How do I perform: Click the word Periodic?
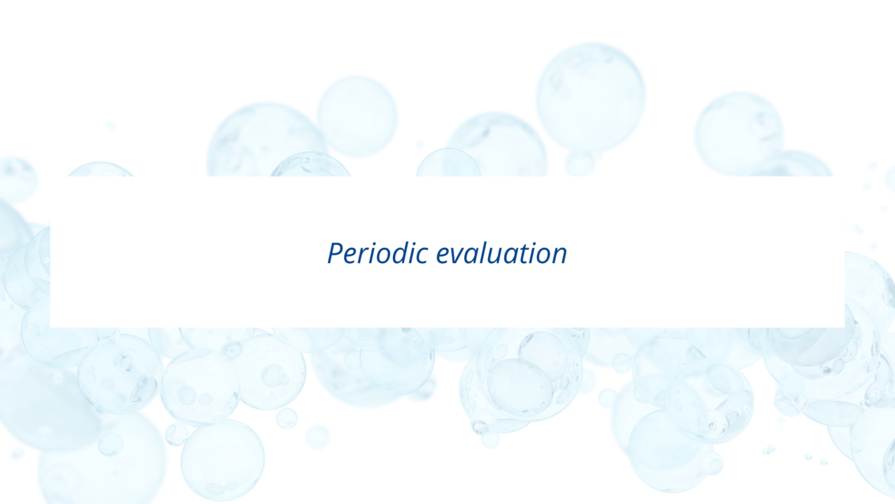click(378, 253)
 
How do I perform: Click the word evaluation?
click(501, 253)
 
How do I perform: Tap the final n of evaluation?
click(559, 255)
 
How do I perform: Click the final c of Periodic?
click(422, 256)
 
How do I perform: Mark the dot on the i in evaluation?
click(531, 243)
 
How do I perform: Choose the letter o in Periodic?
click(382, 256)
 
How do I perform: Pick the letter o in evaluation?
click(541, 256)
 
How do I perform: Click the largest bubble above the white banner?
click(590, 98)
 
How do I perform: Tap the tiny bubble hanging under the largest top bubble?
click(580, 163)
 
